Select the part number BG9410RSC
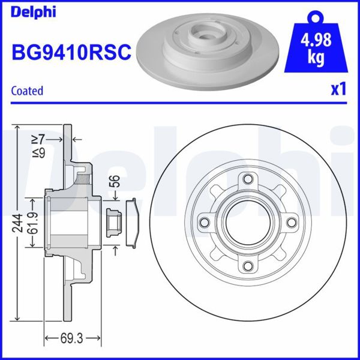coord(71,53)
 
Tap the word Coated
coord(28,91)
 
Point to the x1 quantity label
coord(338,90)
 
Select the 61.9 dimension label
coord(36,223)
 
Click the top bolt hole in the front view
coord(248,179)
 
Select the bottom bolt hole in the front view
coord(248,266)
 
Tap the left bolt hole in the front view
coord(205,223)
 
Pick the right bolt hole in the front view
coord(292,223)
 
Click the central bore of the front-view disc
coord(248,223)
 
